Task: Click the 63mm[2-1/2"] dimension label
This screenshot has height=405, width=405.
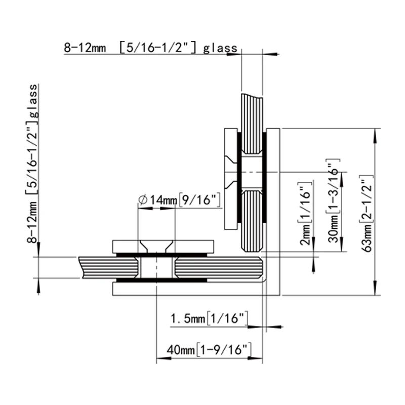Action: click(x=366, y=213)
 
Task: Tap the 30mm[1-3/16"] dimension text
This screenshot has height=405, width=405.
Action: click(x=333, y=201)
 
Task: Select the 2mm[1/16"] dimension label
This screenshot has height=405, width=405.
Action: click(x=305, y=213)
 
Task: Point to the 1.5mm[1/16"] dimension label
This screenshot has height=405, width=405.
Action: click(x=209, y=318)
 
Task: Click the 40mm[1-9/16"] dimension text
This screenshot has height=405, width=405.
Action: click(x=209, y=350)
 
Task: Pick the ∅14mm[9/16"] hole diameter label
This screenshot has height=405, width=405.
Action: click(x=180, y=199)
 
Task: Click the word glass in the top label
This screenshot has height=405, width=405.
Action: click(x=220, y=48)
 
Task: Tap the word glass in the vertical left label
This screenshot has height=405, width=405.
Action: click(x=33, y=100)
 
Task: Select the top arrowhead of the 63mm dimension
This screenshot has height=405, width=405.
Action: click(x=375, y=133)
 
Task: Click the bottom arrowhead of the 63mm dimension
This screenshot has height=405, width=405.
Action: click(x=375, y=290)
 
